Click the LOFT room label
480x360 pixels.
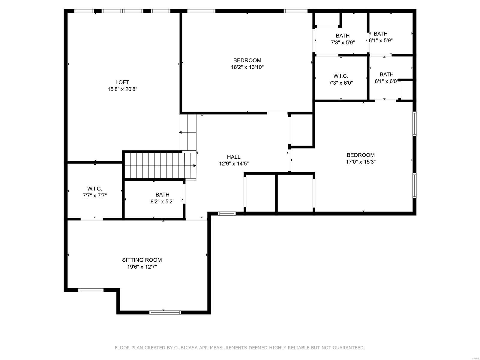tap(122, 82)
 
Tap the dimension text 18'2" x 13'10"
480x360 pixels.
tap(247, 67)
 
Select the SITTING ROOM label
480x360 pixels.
tap(142, 260)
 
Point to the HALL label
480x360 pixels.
tap(233, 157)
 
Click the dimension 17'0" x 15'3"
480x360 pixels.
tap(361, 162)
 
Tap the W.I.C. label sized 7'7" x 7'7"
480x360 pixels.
tap(95, 189)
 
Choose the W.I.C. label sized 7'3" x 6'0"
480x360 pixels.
tap(340, 76)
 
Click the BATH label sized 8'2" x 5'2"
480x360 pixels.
tap(162, 195)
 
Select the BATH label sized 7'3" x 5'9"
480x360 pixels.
tap(343, 36)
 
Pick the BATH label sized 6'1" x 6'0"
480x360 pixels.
tap(386, 74)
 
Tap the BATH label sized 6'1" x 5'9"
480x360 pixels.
tap(380, 34)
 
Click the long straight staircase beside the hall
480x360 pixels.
tap(159, 166)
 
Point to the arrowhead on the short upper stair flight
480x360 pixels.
tap(181, 132)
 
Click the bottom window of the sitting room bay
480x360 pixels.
tap(165, 312)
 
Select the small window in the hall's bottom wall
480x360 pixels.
tap(226, 214)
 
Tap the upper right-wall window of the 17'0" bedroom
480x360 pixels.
tap(414, 124)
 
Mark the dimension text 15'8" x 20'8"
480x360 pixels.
tap(122, 89)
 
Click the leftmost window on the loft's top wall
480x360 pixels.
tap(84, 11)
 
